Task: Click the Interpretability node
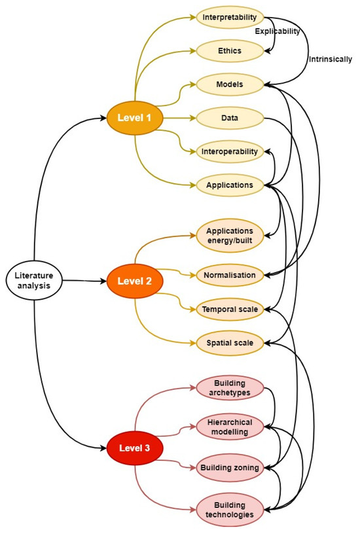click(x=229, y=17)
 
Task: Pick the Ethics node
click(x=229, y=50)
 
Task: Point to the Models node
click(x=229, y=84)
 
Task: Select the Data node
click(x=229, y=118)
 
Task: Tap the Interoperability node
click(x=229, y=152)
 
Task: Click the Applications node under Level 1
click(x=229, y=185)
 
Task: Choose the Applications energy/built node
click(x=229, y=236)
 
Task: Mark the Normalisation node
click(x=229, y=275)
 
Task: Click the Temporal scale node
click(x=229, y=309)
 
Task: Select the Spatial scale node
click(x=229, y=342)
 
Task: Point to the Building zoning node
click(x=229, y=467)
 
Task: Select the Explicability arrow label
click(x=277, y=31)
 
